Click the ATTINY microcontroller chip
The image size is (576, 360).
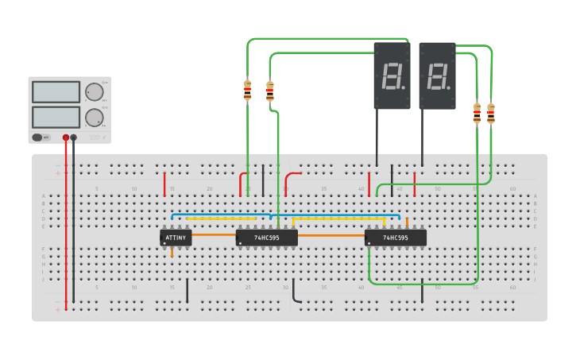click(x=176, y=238)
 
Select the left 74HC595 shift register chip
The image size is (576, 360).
click(x=266, y=238)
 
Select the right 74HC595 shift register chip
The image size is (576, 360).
click(x=395, y=238)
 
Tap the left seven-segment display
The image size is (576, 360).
click(x=392, y=76)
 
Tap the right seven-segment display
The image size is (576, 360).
click(x=437, y=76)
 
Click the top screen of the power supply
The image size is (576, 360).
click(x=56, y=92)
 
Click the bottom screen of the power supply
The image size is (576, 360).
click(x=56, y=117)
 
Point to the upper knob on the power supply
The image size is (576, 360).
click(x=95, y=91)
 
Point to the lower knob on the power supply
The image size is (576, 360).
click(x=95, y=118)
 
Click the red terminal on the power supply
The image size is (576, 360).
click(x=66, y=137)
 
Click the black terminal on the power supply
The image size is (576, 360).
click(x=74, y=137)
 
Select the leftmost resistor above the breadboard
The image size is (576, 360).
click(x=247, y=91)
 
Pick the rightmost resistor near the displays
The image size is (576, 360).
click(x=490, y=114)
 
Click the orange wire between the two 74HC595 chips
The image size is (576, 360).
click(x=331, y=235)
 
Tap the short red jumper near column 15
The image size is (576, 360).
click(x=164, y=184)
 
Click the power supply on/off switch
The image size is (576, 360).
click(x=37, y=137)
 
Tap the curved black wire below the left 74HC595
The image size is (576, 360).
click(x=294, y=292)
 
